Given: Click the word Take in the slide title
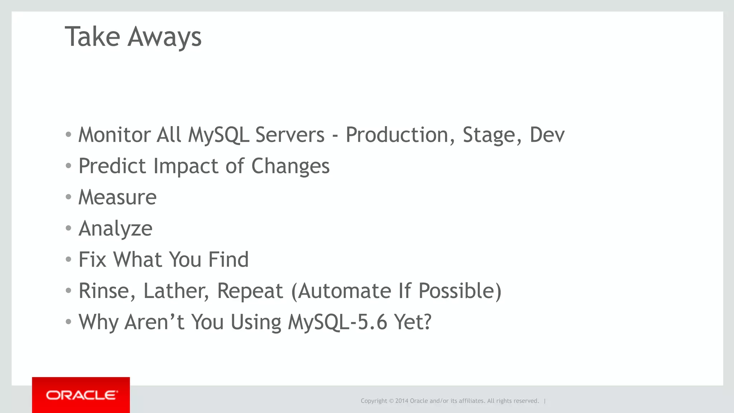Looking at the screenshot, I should point(92,37).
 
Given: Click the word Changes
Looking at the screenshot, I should point(290,166).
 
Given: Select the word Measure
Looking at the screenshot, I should point(118,197).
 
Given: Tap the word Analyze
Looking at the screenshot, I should point(115,229).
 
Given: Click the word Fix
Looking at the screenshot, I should point(92,259).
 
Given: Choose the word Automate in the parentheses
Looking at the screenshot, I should point(344,291).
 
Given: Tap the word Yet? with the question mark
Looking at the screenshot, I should point(413,322).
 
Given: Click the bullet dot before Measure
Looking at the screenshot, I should point(68,197).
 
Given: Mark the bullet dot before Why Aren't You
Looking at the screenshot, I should point(68,321).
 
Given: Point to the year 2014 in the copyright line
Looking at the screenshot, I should point(401,401).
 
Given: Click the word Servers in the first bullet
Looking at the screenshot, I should point(290,135).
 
